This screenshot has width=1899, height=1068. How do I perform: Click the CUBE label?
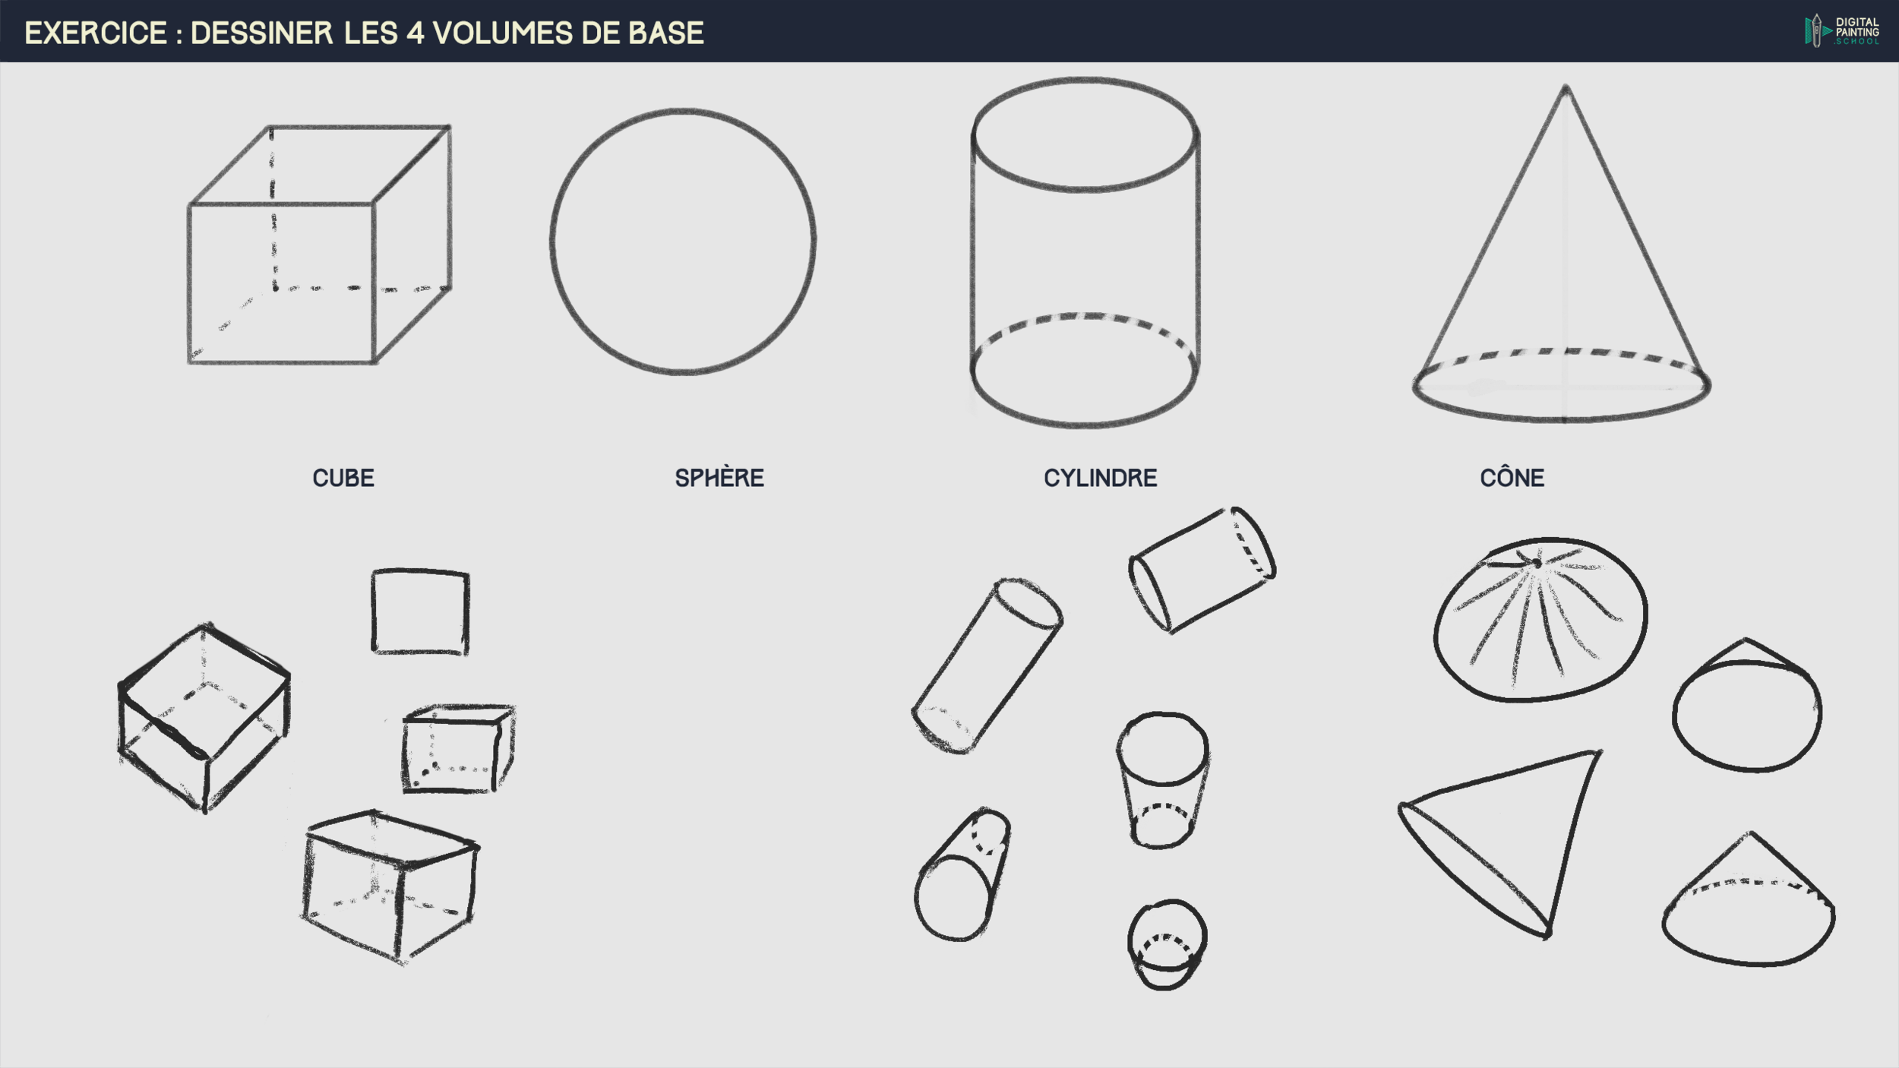tap(343, 478)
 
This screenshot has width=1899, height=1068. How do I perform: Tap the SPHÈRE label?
tap(719, 477)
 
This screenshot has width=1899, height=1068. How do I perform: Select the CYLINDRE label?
tap(1100, 478)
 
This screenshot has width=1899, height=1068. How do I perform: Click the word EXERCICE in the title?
tap(96, 33)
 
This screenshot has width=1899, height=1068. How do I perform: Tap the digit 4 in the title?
tap(416, 33)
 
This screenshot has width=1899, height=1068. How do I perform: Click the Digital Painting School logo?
tap(1842, 31)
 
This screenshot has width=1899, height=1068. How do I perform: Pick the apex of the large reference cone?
tap(1566, 87)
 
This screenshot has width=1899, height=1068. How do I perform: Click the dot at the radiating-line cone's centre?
tap(1537, 564)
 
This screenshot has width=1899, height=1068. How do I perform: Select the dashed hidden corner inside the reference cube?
tap(275, 288)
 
